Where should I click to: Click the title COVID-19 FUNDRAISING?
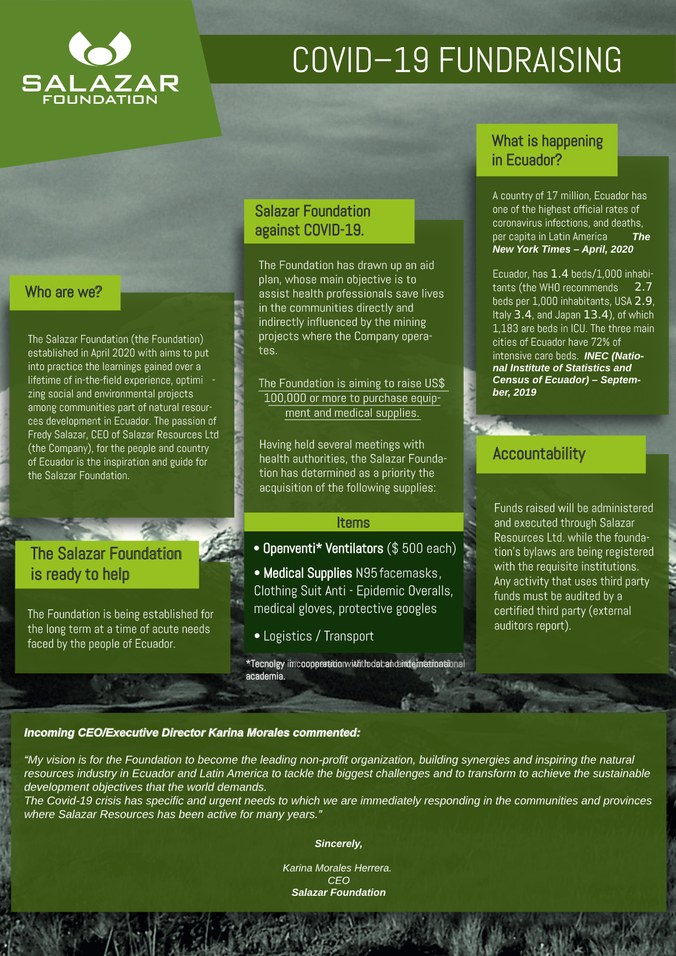tap(456, 60)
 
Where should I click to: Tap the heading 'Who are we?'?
tap(64, 292)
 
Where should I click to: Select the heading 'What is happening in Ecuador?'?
tap(547, 150)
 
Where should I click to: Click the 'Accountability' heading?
tap(539, 454)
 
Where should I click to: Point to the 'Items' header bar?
tap(353, 522)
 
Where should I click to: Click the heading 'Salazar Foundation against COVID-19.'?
tap(312, 220)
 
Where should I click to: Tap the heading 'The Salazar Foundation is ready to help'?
tap(106, 564)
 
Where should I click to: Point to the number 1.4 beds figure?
tap(559, 274)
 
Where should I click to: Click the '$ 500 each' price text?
tap(422, 548)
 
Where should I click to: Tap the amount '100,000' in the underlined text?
tap(285, 398)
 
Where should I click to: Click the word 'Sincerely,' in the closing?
tap(338, 844)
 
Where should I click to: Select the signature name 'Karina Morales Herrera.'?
tap(337, 868)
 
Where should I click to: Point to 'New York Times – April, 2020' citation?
tap(562, 249)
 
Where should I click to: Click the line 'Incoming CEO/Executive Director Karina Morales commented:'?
tap(192, 733)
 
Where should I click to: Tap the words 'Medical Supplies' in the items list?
tap(308, 573)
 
